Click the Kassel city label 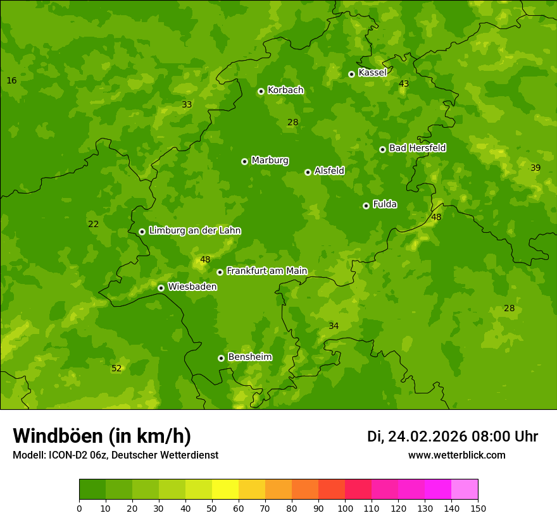[372, 73]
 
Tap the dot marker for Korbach [261, 91]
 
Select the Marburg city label [270, 161]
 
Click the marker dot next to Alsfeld [308, 172]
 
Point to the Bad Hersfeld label [417, 148]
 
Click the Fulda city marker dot [366, 206]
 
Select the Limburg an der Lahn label [194, 230]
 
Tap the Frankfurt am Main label [266, 271]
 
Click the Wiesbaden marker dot [161, 288]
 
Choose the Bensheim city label [249, 357]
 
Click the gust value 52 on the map [116, 368]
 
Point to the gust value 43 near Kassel [404, 83]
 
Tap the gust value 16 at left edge [11, 80]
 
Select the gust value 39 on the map [535, 168]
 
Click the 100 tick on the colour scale [345, 508]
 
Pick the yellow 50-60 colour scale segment [225, 490]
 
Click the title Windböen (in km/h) [102, 436]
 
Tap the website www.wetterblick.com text [456, 455]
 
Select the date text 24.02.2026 [427, 436]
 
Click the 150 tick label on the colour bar [478, 508]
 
